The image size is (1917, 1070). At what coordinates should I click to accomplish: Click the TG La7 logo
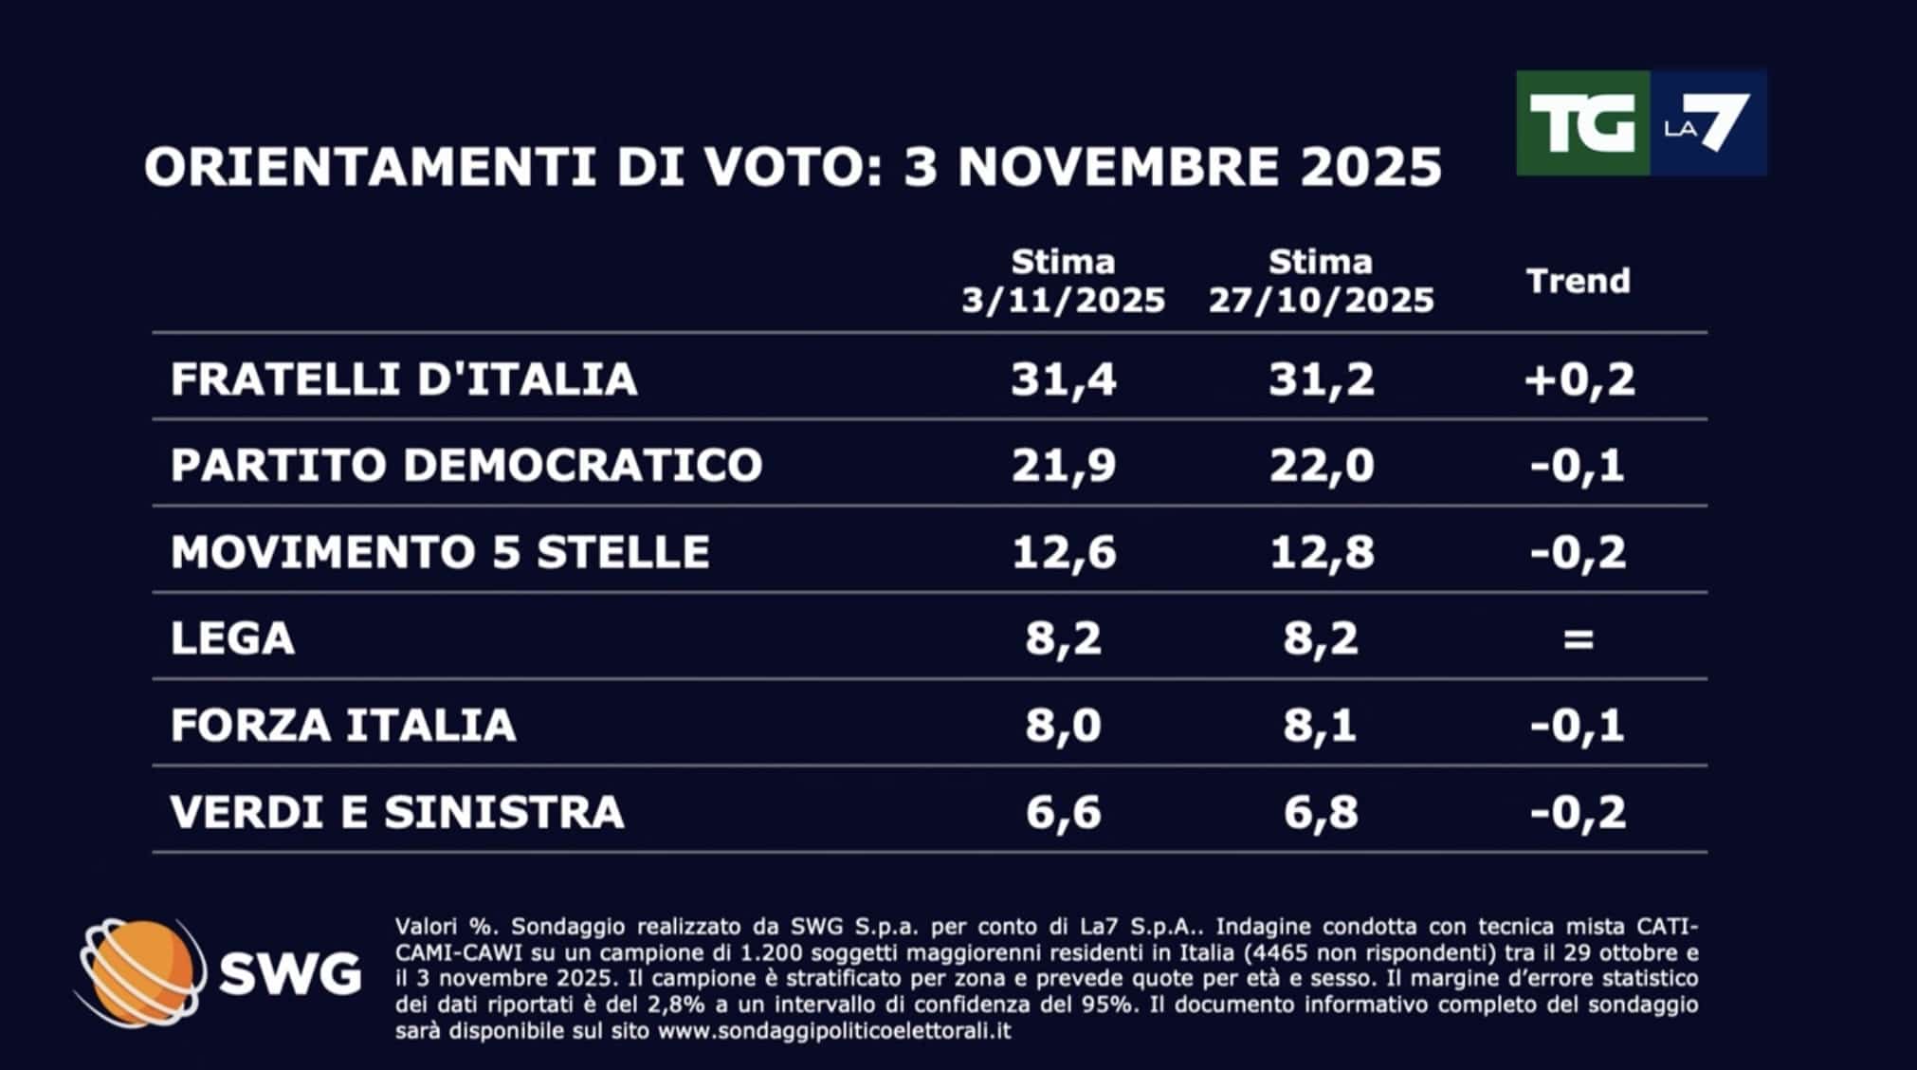(1640, 122)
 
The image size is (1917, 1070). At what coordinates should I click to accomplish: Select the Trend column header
(1579, 281)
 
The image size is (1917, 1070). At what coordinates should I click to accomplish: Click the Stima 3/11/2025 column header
(1063, 281)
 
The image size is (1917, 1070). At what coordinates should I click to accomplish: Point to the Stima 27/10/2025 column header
(1321, 281)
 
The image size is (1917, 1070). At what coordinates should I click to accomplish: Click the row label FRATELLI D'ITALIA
(404, 378)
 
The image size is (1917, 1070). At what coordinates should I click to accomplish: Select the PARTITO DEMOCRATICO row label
(466, 465)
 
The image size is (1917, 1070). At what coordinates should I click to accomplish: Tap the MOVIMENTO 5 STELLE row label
(440, 552)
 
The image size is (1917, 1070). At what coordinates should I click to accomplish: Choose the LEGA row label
(232, 638)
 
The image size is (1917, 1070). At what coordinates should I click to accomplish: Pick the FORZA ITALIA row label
(343, 726)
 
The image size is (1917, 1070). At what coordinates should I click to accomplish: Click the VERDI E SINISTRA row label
(397, 812)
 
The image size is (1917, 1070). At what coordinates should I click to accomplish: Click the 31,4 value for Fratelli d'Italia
(1063, 379)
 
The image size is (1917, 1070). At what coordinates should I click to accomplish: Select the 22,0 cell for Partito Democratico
(1321, 466)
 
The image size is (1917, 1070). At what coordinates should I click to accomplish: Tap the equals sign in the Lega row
(1579, 639)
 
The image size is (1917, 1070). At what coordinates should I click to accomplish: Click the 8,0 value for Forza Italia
(1063, 726)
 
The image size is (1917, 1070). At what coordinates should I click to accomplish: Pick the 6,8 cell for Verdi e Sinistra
(1321, 813)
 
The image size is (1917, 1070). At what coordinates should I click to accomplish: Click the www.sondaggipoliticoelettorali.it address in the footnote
(834, 1030)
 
